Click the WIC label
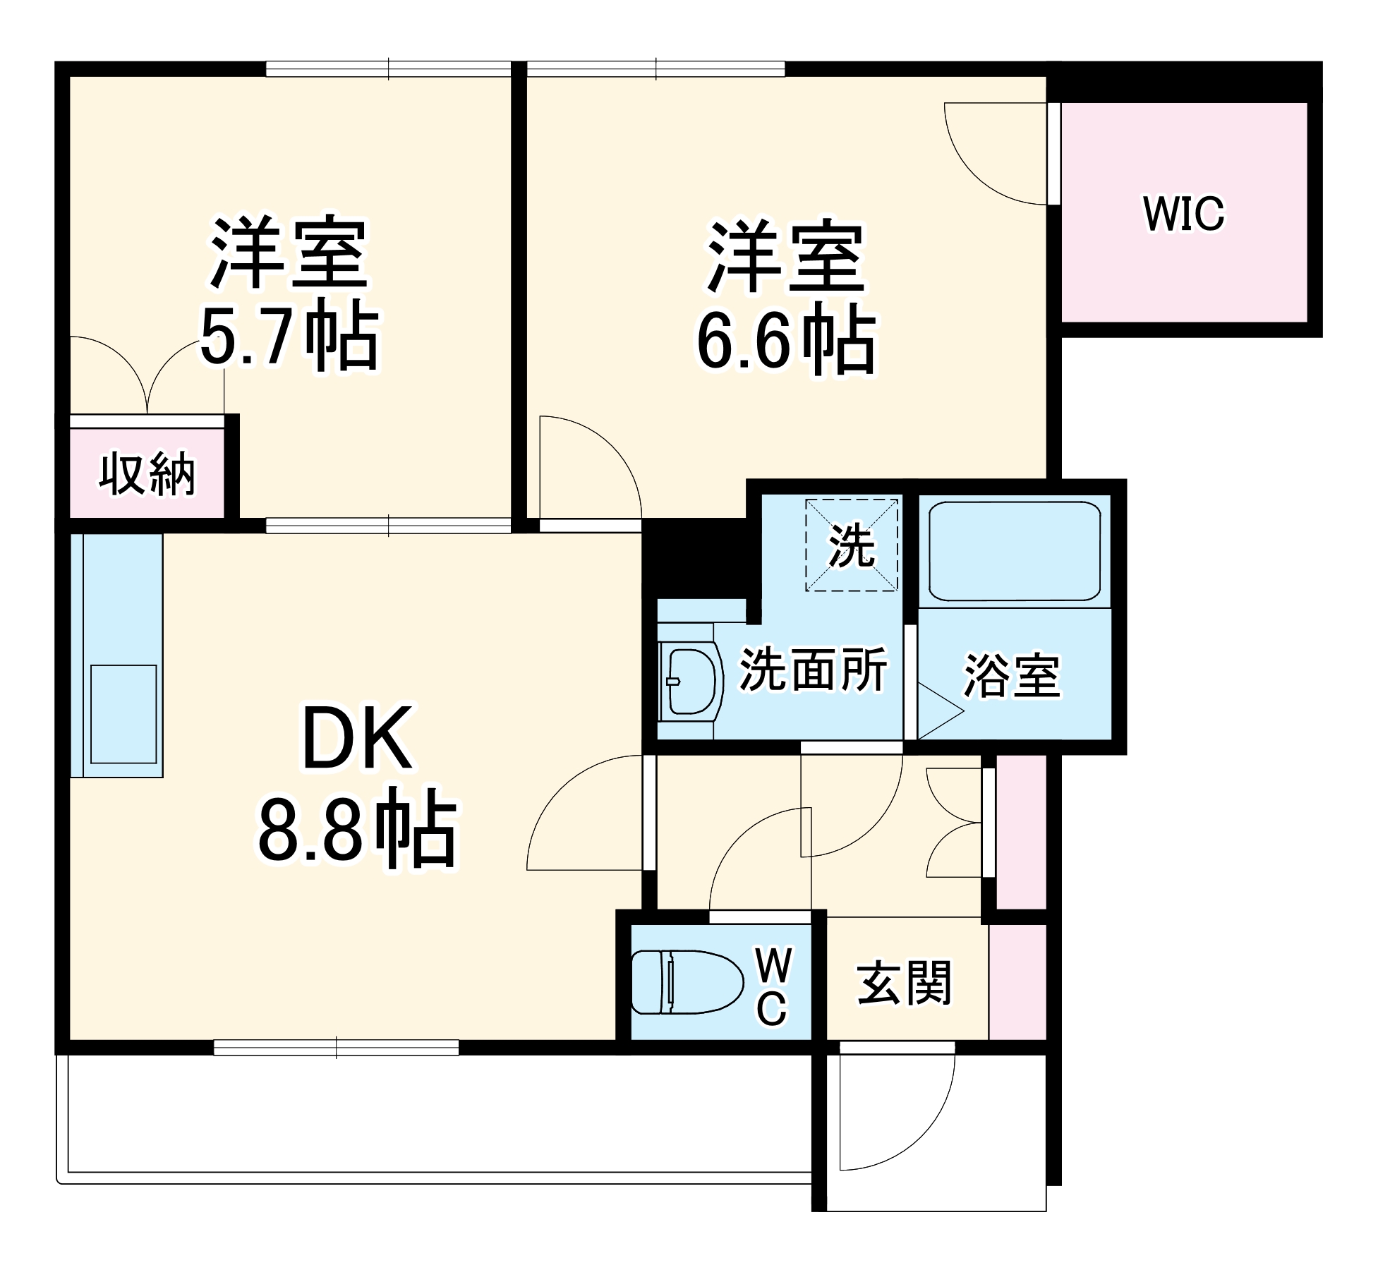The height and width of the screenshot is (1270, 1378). tap(1183, 213)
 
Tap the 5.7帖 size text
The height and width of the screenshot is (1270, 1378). tap(290, 337)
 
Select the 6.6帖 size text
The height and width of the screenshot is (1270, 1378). tap(786, 341)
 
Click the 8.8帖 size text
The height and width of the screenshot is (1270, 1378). tap(357, 830)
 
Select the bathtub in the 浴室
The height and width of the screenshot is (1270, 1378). tap(1014, 551)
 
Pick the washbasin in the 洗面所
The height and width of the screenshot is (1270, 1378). tap(690, 682)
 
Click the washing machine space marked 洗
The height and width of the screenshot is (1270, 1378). tap(852, 545)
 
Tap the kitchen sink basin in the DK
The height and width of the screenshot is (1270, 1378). tap(123, 713)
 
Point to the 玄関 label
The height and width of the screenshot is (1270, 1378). tap(904, 982)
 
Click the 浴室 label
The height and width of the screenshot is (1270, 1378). tap(1012, 675)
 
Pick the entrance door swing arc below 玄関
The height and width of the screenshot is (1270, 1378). tap(917, 1136)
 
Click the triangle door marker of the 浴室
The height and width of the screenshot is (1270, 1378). tap(938, 710)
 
